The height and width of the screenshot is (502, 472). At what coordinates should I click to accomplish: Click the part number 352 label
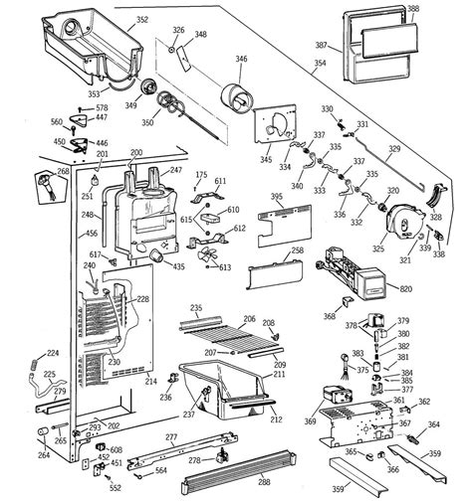click(x=141, y=20)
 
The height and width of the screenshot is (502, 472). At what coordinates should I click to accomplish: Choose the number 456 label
click(x=64, y=234)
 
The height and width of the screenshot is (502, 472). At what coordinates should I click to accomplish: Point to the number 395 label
click(x=276, y=199)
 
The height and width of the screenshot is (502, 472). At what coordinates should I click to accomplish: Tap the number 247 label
click(x=176, y=171)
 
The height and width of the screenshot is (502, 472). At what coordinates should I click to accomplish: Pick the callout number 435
click(x=179, y=267)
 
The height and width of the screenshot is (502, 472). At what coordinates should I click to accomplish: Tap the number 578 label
click(x=102, y=107)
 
